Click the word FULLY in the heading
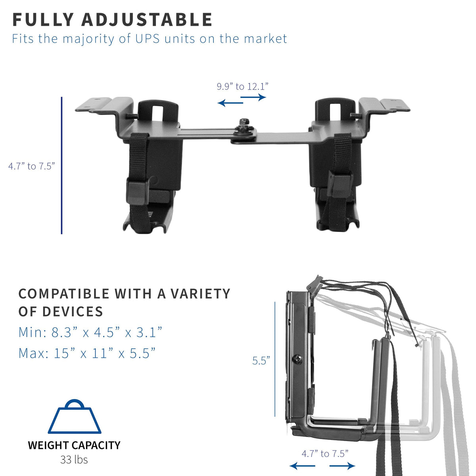pyautogui.click(x=43, y=19)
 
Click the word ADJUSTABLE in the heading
pyautogui.click(x=147, y=19)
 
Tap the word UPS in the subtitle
pyautogui.click(x=148, y=39)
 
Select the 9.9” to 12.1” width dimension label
pyautogui.click(x=242, y=86)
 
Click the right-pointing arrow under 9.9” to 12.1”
pyautogui.click(x=253, y=97)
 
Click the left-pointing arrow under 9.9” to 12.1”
pyautogui.click(x=230, y=102)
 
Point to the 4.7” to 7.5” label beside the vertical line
pyautogui.click(x=31, y=166)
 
